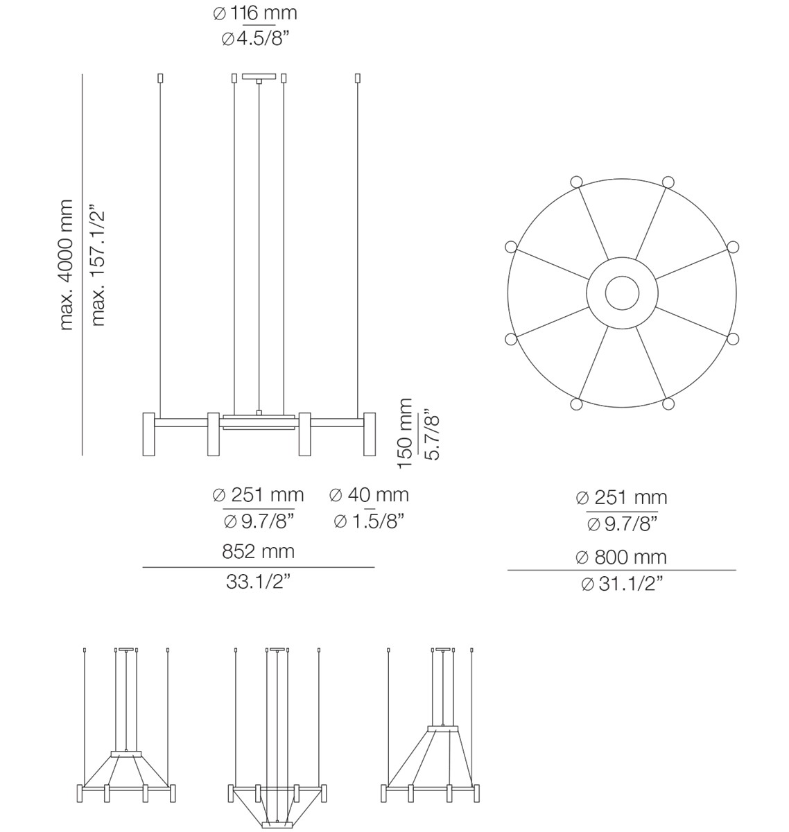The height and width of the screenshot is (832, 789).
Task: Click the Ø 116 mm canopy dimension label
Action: tap(254, 13)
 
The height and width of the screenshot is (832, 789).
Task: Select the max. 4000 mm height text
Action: tap(66, 265)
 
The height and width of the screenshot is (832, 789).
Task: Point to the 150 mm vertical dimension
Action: tap(406, 433)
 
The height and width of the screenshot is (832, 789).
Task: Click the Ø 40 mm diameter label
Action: tap(369, 495)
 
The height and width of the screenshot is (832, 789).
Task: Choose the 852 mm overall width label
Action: tap(258, 551)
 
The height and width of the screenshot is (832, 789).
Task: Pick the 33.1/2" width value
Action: tap(258, 582)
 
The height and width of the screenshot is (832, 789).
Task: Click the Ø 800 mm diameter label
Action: tap(621, 557)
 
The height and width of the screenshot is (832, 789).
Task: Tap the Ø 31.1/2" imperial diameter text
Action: tap(621, 584)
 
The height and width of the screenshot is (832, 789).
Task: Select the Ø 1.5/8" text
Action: tap(369, 521)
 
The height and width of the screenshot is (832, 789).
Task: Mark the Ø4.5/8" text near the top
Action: tap(254, 39)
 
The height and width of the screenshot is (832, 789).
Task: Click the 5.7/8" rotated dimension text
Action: tap(433, 437)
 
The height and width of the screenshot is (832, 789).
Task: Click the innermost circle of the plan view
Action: tap(622, 293)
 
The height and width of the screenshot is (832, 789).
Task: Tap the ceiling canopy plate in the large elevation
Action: tap(259, 76)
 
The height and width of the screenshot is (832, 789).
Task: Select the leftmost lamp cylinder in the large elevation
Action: tap(148, 435)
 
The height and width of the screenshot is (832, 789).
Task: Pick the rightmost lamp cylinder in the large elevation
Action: tap(370, 435)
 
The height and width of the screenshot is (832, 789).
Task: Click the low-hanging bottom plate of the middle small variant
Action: tap(278, 825)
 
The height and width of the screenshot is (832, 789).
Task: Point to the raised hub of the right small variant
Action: tap(444, 728)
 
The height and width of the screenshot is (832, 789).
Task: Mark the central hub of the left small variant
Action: tap(126, 753)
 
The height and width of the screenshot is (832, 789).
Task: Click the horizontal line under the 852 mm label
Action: tap(258, 567)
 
